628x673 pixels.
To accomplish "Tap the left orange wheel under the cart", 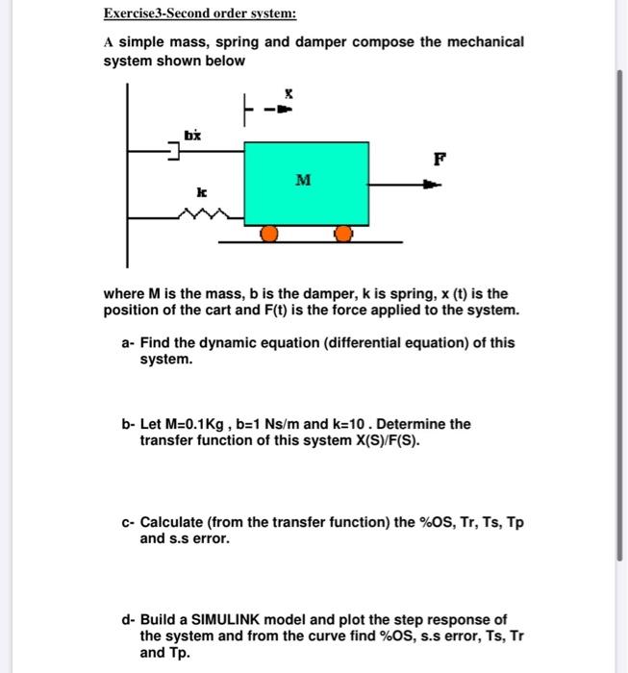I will [270, 234].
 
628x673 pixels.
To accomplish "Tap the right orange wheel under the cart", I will [343, 234].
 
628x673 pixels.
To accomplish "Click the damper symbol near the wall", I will [174, 150].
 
